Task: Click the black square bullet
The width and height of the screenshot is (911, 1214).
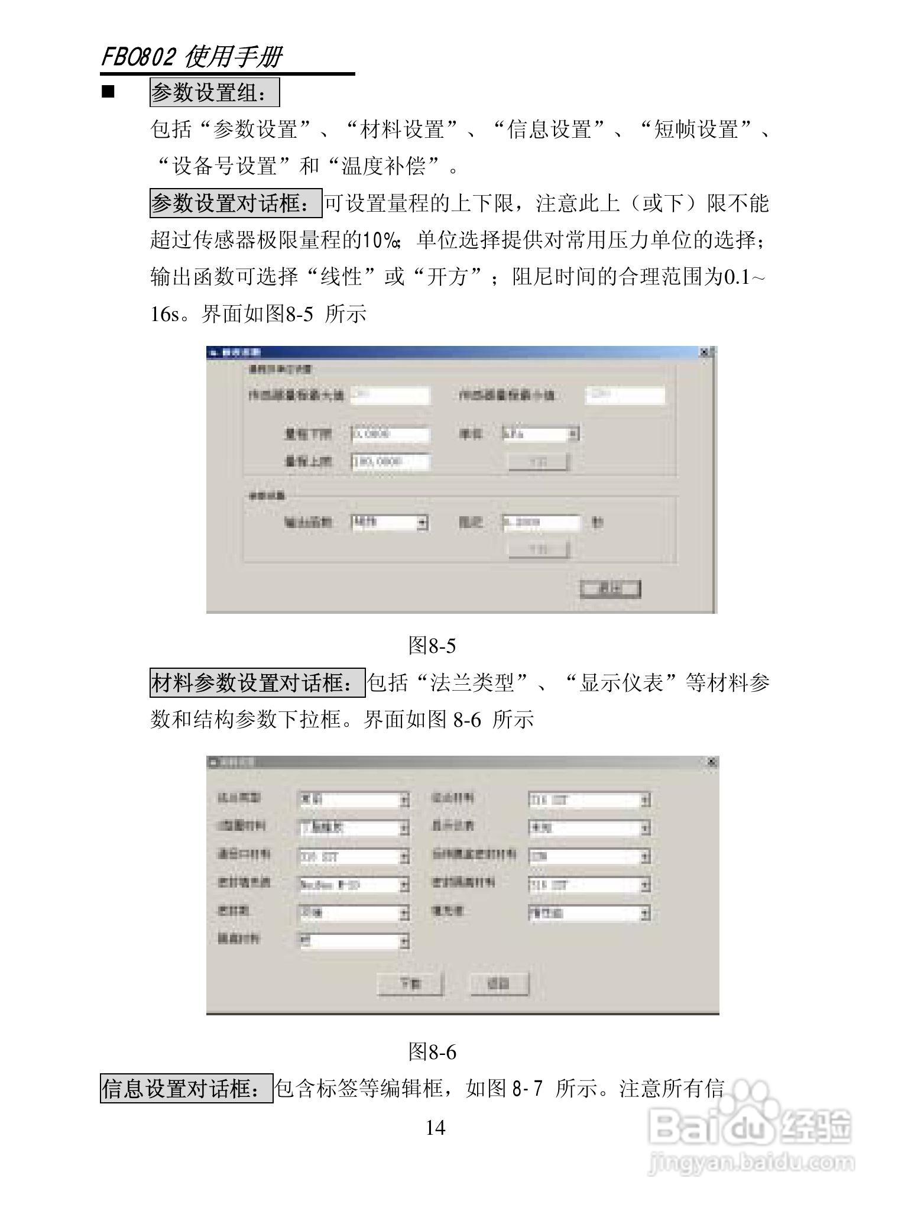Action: [x=108, y=93]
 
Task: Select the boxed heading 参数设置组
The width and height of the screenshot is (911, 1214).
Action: [x=214, y=93]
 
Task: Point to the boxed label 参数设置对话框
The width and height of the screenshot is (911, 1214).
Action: [x=235, y=204]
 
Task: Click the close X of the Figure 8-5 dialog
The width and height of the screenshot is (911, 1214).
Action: [x=704, y=352]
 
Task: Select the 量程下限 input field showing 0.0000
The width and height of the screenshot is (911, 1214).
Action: [x=390, y=434]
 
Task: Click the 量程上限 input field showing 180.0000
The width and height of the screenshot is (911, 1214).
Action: [x=390, y=461]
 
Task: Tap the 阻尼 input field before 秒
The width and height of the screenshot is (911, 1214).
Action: [x=541, y=523]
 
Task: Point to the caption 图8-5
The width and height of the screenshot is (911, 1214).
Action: [x=432, y=646]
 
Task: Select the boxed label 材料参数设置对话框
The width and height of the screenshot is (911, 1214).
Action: [x=257, y=683]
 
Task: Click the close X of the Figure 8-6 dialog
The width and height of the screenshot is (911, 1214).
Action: [x=711, y=762]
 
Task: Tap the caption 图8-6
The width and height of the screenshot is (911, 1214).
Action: [x=432, y=1052]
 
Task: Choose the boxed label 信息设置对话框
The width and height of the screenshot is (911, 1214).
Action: [x=186, y=1089]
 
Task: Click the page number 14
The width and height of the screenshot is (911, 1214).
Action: [x=435, y=1128]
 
